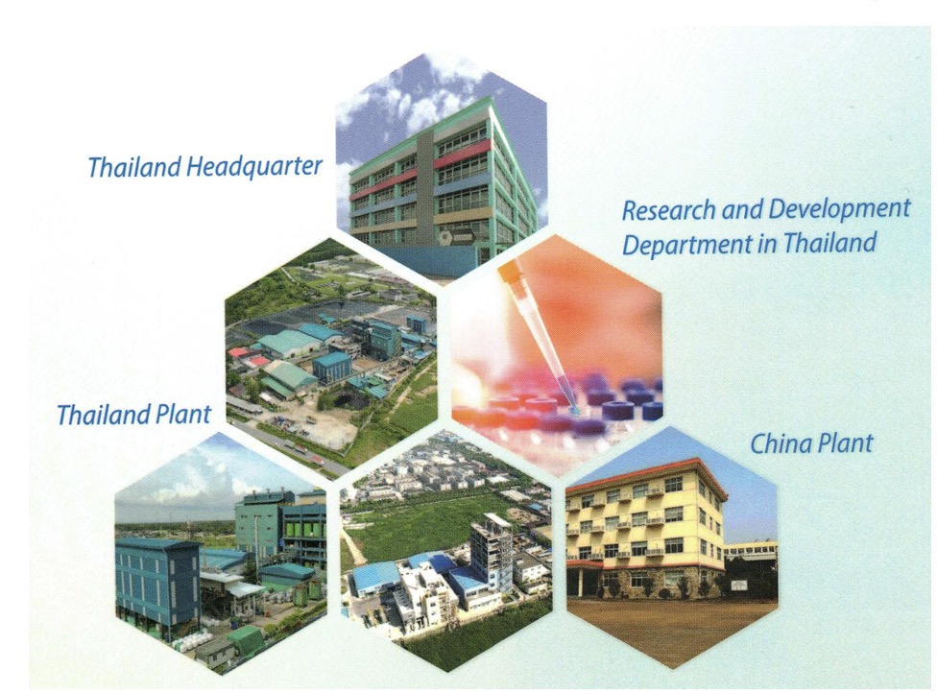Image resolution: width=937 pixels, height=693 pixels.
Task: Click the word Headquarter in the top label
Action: (x=254, y=166)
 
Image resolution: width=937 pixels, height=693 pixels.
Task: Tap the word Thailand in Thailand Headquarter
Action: (x=134, y=167)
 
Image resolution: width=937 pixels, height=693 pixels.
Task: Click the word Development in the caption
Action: (x=838, y=209)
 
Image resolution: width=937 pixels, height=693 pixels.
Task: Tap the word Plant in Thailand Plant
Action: (x=184, y=414)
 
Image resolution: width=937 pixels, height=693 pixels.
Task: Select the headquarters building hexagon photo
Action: (x=441, y=167)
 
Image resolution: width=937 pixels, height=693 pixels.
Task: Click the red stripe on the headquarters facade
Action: (x=462, y=155)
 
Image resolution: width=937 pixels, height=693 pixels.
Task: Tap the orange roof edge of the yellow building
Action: (x=646, y=472)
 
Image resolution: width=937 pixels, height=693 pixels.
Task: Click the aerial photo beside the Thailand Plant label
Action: (x=331, y=352)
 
